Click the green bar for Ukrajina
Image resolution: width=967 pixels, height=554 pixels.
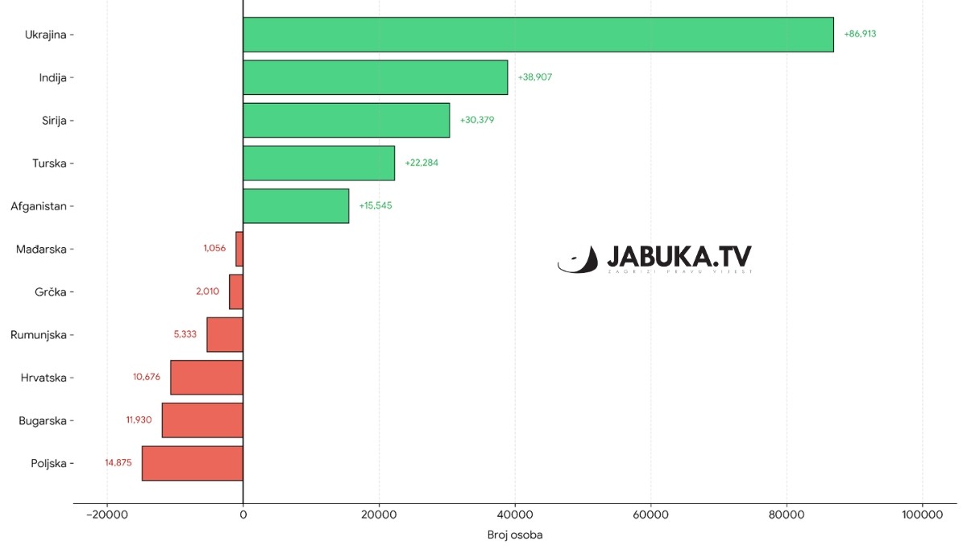[x=537, y=35]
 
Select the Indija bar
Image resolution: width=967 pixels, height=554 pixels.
[x=375, y=77]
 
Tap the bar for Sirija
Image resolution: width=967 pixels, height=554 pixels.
[x=346, y=120]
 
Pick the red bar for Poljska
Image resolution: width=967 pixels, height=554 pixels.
[x=192, y=463]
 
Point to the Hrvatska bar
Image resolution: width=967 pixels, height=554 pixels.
[x=206, y=378]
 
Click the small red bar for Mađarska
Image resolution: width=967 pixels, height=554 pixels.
[x=239, y=249]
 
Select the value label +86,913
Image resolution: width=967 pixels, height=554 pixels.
[x=860, y=35]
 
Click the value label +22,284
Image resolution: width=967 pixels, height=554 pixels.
[x=421, y=163]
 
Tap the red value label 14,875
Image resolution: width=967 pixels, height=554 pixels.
[x=118, y=463]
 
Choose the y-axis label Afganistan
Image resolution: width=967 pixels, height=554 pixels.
[x=39, y=206]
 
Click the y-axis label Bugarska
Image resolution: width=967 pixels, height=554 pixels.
[x=44, y=420]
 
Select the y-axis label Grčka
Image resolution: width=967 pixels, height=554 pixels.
[x=50, y=291]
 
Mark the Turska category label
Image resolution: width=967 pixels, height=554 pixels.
[x=50, y=163]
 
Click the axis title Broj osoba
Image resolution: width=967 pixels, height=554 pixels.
[x=515, y=535]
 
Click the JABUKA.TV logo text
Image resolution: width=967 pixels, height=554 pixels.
[x=679, y=257]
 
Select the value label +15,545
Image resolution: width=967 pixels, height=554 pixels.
[x=376, y=206]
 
